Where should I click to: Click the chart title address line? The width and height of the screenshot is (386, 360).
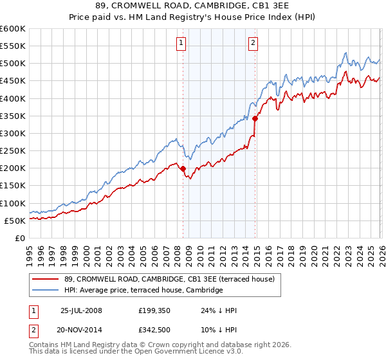(x=193, y=6)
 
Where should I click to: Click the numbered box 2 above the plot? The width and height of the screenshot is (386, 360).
(x=253, y=43)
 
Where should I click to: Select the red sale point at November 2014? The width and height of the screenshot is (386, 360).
(x=255, y=118)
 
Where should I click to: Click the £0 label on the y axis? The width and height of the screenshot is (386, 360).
(x=19, y=238)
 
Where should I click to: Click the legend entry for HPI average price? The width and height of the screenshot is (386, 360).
(x=143, y=291)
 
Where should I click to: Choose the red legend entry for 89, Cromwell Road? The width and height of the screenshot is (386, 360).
(x=169, y=279)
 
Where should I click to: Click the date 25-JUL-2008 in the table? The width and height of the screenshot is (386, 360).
(x=81, y=310)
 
